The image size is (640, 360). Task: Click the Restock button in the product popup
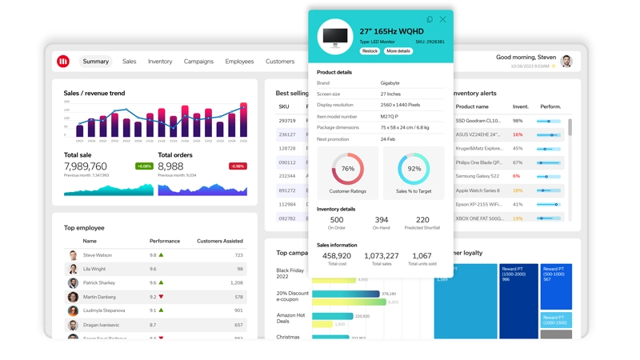[370, 51]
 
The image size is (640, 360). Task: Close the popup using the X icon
[443, 19]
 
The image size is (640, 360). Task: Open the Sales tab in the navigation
[129, 62]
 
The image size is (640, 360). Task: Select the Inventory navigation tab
[160, 62]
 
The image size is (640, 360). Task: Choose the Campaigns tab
[198, 62]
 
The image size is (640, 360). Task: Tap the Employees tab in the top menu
[239, 62]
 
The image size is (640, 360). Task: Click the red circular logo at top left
[63, 62]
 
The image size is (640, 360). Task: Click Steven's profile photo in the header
[566, 62]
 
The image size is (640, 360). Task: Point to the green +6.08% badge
[144, 166]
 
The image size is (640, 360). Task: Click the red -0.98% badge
[238, 166]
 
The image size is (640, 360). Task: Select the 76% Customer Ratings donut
[348, 170]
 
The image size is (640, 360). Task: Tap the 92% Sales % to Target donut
[414, 170]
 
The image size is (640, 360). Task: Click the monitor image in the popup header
[335, 37]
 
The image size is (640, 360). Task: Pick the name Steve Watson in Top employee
[98, 255]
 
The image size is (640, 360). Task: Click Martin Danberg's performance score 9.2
[153, 297]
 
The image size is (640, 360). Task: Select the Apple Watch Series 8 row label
[478, 190]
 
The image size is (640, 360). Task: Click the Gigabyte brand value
[390, 83]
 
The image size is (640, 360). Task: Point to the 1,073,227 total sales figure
[382, 256]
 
